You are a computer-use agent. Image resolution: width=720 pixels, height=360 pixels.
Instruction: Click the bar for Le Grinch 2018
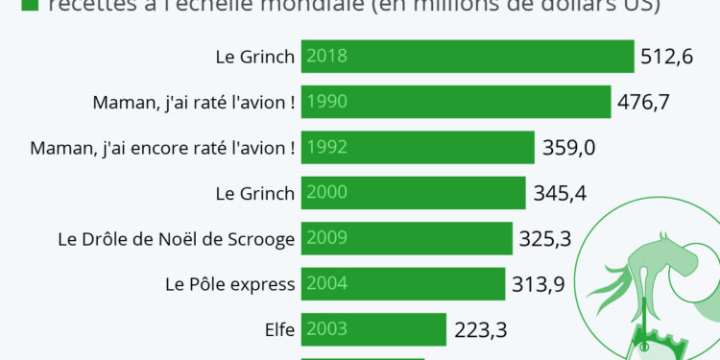coord(468,56)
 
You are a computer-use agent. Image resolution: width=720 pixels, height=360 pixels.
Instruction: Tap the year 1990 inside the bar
coord(326,102)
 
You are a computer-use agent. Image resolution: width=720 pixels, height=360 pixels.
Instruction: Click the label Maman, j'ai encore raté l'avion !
coord(162,148)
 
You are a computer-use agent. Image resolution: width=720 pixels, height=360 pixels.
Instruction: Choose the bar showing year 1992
coord(418,148)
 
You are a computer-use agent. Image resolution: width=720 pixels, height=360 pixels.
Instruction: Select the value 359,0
coord(567,148)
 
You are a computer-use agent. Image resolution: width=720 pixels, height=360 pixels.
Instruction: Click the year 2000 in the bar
coord(326,193)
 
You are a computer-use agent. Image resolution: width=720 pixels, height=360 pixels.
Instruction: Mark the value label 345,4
coord(559,193)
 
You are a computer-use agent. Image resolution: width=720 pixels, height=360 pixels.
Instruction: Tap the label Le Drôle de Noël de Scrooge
coord(176,239)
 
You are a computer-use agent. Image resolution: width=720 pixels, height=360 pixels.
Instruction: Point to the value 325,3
coord(544,239)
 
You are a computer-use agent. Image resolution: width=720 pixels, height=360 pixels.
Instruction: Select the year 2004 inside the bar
coord(326,284)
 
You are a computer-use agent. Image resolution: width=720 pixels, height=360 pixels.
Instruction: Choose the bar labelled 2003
coord(374,330)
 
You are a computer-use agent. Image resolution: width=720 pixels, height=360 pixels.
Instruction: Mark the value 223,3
coord(480,330)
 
